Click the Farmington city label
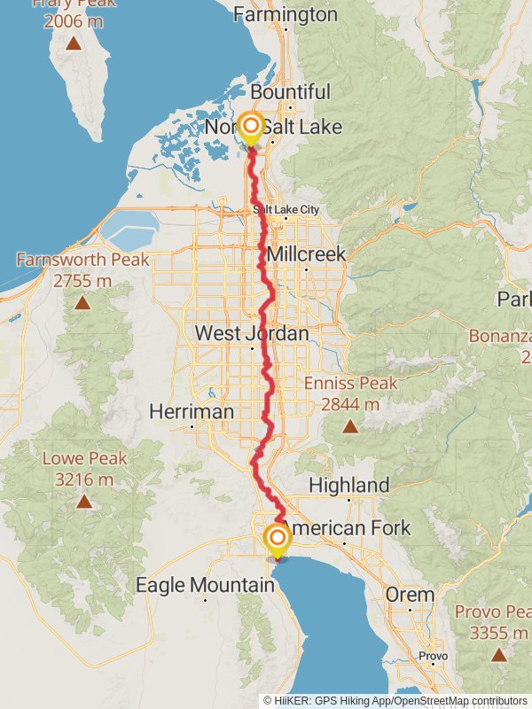click(x=285, y=15)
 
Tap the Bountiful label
click(x=290, y=92)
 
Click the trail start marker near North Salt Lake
click(x=250, y=126)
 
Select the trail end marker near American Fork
click(x=277, y=537)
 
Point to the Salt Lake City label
click(x=286, y=210)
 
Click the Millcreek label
click(x=306, y=254)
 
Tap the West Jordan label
click(x=252, y=334)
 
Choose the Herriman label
click(x=192, y=412)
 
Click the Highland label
click(x=348, y=485)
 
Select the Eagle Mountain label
click(x=205, y=585)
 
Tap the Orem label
click(x=410, y=595)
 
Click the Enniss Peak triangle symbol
click(x=350, y=427)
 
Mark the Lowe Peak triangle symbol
click(x=83, y=502)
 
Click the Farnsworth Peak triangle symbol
click(x=82, y=303)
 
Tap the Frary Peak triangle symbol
click(x=73, y=43)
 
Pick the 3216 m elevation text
click(x=83, y=479)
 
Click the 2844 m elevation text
click(x=350, y=405)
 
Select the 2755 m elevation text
click(x=82, y=281)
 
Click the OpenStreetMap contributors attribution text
click(x=459, y=700)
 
